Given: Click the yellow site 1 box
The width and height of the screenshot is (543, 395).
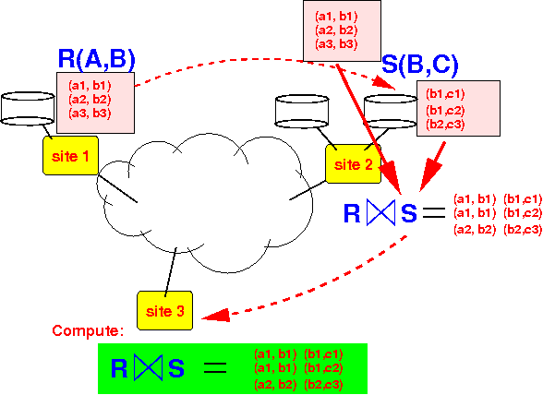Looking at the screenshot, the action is pyautogui.click(x=70, y=155).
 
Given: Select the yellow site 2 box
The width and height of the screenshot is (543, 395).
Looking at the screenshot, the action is pyautogui.click(x=353, y=163).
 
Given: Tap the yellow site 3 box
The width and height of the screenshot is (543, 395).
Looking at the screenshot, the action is pyautogui.click(x=164, y=310).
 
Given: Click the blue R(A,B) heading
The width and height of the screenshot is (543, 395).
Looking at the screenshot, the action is pyautogui.click(x=96, y=59).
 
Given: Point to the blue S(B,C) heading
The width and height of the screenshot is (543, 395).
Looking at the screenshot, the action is pyautogui.click(x=419, y=64).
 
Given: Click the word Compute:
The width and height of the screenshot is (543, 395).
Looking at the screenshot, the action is pyautogui.click(x=88, y=330).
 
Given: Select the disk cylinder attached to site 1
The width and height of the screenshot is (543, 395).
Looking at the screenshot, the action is pyautogui.click(x=28, y=108).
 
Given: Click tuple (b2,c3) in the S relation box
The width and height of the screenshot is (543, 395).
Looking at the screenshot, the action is pyautogui.click(x=445, y=125).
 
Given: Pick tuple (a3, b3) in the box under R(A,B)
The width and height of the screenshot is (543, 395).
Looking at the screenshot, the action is pyautogui.click(x=90, y=114).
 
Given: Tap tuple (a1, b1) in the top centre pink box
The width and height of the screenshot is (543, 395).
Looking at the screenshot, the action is pyautogui.click(x=336, y=17).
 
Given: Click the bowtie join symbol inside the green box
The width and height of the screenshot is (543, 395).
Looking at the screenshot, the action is pyautogui.click(x=148, y=367).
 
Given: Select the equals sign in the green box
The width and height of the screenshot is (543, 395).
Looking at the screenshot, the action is pyautogui.click(x=215, y=367).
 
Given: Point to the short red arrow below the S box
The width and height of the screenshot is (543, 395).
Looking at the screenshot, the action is pyautogui.click(x=432, y=166).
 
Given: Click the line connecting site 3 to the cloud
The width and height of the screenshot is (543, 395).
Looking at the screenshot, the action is pyautogui.click(x=171, y=271).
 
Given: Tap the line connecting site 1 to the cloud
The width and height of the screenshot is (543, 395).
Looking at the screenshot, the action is pyautogui.click(x=117, y=188).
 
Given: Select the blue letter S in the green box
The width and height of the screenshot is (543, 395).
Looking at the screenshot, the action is pyautogui.click(x=176, y=368).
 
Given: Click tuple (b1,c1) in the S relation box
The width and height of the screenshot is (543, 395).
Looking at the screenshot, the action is pyautogui.click(x=445, y=94).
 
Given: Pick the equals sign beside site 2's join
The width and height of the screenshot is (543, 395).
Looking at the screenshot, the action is pyautogui.click(x=434, y=212).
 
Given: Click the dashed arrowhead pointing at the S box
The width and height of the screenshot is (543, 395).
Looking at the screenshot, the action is pyautogui.click(x=384, y=83).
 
